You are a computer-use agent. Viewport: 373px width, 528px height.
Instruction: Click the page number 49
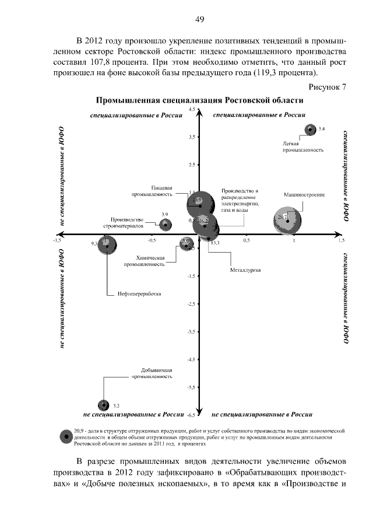click(x=199, y=20)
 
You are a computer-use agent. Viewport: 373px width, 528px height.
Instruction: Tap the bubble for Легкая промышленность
click(x=311, y=130)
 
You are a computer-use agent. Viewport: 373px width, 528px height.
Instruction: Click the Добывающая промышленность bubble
click(x=104, y=405)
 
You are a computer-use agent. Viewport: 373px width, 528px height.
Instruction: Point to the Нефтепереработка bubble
click(x=107, y=246)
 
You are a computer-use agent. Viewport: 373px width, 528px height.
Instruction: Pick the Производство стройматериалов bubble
click(x=166, y=224)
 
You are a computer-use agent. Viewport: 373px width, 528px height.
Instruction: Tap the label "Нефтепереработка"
click(x=138, y=293)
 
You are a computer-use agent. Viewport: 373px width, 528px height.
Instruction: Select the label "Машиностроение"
click(x=304, y=194)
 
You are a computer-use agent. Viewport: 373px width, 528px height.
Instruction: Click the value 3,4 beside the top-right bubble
click(x=322, y=128)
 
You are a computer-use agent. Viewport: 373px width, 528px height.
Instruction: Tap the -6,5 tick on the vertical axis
click(x=190, y=415)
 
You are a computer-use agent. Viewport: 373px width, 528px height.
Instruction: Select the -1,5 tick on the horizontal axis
click(x=57, y=240)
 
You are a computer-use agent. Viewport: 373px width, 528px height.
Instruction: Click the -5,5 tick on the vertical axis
click(x=191, y=387)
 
